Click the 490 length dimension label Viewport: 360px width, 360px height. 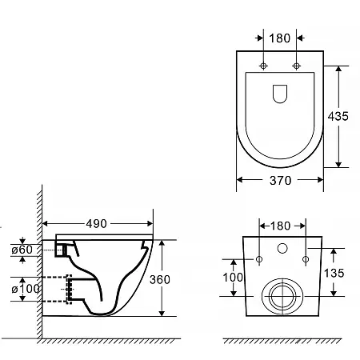click(96, 223)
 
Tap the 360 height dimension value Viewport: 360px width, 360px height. click(160, 279)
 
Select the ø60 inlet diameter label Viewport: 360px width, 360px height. click(22, 250)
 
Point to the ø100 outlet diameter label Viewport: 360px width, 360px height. click(26, 289)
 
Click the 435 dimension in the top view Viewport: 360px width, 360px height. click(338, 116)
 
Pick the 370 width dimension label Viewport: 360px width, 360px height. click(281, 181)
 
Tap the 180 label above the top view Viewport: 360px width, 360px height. click(280, 38)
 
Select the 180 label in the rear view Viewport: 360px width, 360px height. click(280, 226)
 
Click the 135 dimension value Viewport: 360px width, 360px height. click(334, 273)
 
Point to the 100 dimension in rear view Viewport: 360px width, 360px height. click(233, 278)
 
